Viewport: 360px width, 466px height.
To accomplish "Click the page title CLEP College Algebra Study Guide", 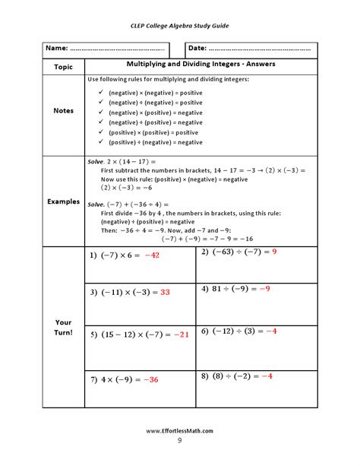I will click(x=179, y=25).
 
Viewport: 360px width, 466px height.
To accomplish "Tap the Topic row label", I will click(x=63, y=66).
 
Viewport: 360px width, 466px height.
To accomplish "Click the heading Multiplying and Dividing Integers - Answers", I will click(x=201, y=64).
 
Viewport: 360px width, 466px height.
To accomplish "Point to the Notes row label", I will click(x=63, y=110).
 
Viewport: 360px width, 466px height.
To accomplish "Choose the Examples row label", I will click(x=63, y=201).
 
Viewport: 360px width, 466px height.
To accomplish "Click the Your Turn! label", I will click(x=63, y=328).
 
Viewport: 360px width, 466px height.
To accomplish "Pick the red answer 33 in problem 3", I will click(x=165, y=292).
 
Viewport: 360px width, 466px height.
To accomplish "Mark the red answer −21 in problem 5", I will click(x=180, y=334).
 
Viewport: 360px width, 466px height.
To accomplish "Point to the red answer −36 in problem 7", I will click(x=150, y=379).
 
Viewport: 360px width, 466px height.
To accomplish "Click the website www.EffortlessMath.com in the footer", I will click(x=179, y=431).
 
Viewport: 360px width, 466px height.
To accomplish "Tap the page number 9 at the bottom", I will click(x=180, y=441).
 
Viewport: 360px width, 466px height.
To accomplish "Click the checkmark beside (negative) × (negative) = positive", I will click(x=101, y=92).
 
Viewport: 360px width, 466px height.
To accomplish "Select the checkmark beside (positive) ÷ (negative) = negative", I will click(x=101, y=142).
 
